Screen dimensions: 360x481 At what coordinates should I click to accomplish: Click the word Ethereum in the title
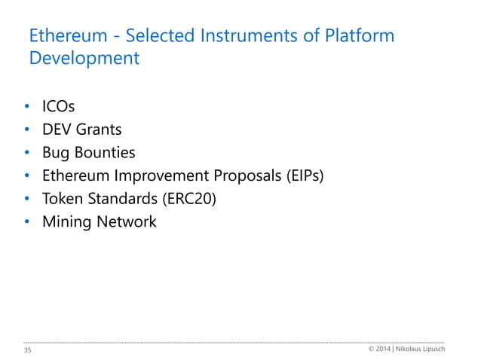coord(62,36)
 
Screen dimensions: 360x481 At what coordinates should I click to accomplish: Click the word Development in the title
coord(84,59)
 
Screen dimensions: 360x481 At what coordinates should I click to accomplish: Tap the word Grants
coord(98,130)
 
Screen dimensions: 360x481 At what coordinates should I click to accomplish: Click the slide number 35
coord(29,351)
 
